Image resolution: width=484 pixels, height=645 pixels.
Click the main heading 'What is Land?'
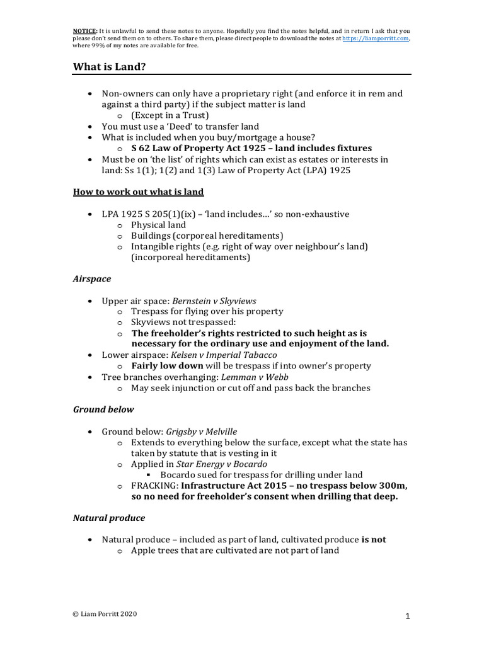click(112, 66)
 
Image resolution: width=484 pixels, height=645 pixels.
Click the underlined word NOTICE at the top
click(84, 31)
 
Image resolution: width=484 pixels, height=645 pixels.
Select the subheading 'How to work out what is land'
click(138, 191)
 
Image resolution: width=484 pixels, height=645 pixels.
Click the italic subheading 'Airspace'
click(92, 278)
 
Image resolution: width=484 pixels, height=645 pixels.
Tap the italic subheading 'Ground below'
click(103, 409)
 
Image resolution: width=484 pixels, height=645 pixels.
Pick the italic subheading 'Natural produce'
click(108, 518)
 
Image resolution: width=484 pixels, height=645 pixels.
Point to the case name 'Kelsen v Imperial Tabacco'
click(223, 355)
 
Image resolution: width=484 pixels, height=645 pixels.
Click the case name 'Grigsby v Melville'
click(201, 431)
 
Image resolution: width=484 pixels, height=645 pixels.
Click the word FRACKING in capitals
click(154, 486)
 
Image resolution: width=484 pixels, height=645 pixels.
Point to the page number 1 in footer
click(408, 616)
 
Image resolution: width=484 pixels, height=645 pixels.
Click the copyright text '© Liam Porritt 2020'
click(104, 614)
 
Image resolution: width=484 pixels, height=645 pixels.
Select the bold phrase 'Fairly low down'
click(167, 366)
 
